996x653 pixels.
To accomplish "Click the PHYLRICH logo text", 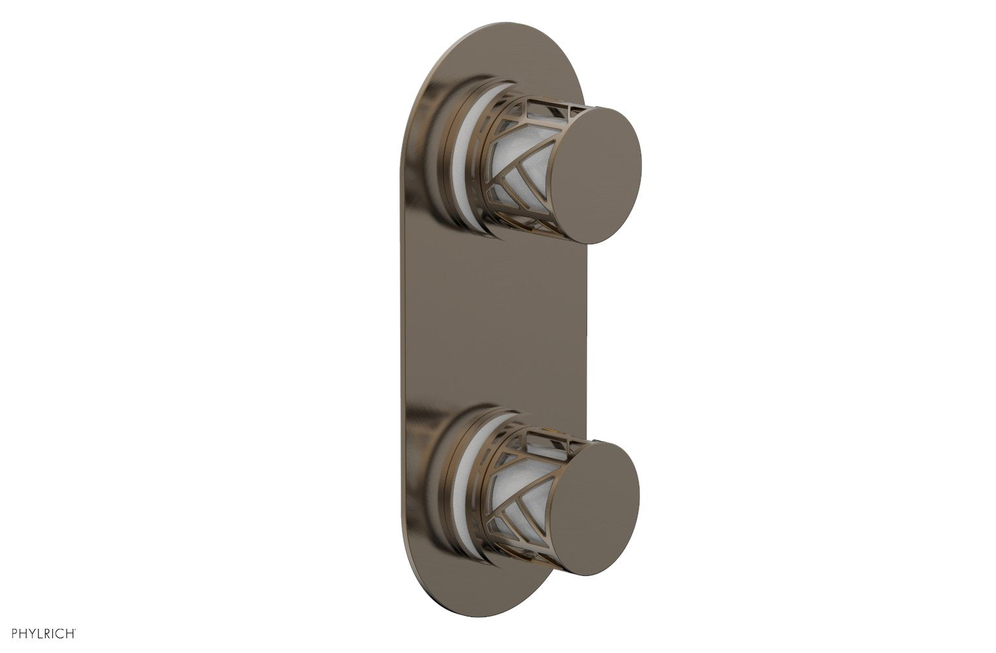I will pos(41,633).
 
